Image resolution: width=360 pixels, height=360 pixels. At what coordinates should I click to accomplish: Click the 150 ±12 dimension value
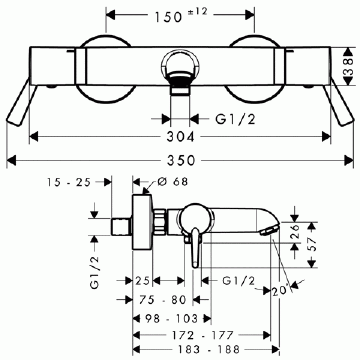click(181, 16)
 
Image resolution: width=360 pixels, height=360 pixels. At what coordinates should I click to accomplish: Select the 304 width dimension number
click(181, 137)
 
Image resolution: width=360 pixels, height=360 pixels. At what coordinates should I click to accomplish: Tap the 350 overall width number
click(181, 160)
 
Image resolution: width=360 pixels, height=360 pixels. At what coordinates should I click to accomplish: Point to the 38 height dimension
click(348, 67)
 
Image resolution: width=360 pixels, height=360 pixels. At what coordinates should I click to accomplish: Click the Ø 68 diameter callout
click(173, 182)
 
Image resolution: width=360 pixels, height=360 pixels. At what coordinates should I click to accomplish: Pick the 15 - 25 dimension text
click(69, 182)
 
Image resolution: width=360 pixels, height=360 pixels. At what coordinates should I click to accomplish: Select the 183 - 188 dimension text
click(209, 350)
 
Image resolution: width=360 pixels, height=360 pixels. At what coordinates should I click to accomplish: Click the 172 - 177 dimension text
click(203, 335)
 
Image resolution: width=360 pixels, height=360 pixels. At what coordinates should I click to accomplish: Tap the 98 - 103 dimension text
click(172, 319)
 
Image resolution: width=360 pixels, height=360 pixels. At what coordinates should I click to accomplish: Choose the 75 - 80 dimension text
click(163, 299)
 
